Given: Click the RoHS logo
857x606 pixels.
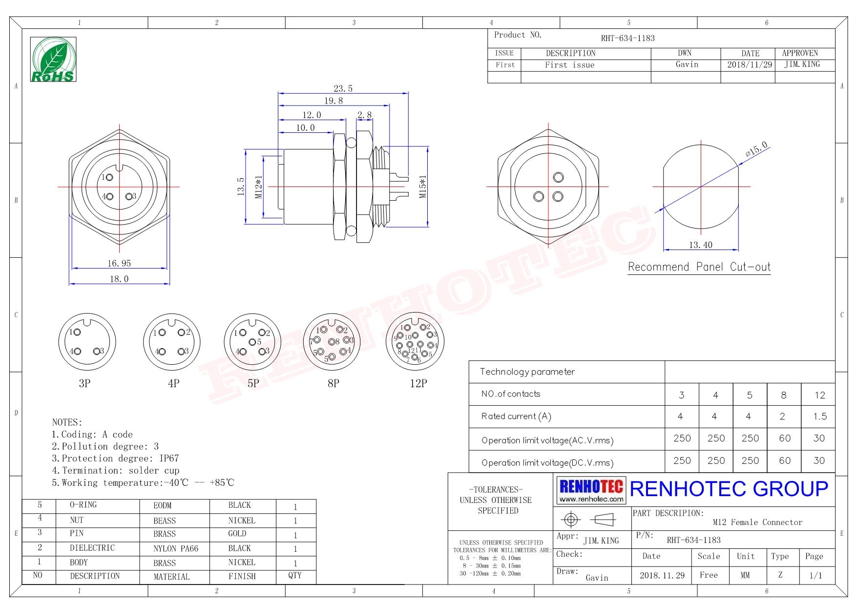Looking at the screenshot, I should (53, 59).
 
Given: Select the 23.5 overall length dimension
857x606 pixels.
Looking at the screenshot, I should (343, 88).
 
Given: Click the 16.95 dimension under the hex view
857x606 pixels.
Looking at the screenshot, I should (119, 263).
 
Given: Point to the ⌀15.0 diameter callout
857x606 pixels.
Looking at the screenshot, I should (756, 148).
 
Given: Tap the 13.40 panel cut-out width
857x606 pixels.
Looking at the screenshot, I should (700, 245).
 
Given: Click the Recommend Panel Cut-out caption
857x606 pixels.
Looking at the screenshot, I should (699, 267).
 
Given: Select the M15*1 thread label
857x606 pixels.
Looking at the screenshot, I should (423, 187).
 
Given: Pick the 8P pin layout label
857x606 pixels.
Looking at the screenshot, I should (334, 383).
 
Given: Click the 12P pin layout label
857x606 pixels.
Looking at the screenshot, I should (418, 383).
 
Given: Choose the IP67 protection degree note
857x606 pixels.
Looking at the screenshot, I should (169, 458).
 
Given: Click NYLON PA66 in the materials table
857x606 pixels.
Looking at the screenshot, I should (176, 548).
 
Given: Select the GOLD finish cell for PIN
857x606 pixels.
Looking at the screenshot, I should (237, 534).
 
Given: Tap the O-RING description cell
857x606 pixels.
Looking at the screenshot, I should (83, 505).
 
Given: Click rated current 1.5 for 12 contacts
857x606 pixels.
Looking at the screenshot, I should (820, 417).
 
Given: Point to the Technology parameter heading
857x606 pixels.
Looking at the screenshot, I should (527, 372).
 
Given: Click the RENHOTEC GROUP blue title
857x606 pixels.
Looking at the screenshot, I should (729, 489).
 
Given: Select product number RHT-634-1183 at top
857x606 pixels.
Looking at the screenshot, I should (627, 38).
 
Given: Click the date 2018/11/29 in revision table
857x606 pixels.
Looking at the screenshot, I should (750, 64).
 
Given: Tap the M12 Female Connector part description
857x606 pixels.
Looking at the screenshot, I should (757, 522).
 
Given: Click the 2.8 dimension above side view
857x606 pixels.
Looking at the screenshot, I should (364, 115).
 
